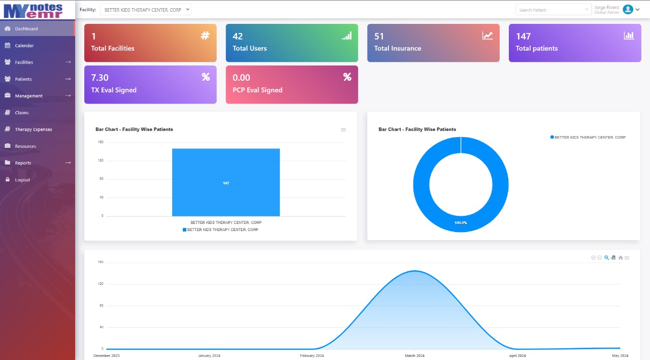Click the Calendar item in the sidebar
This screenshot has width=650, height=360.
click(24, 46)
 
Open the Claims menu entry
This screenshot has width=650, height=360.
click(22, 113)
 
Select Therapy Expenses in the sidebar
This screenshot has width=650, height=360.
click(33, 129)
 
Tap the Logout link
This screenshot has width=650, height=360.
click(22, 180)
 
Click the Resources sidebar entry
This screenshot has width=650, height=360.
click(25, 146)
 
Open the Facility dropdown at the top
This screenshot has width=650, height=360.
click(145, 10)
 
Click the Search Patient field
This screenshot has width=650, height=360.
click(552, 10)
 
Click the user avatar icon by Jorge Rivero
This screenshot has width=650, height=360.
click(628, 9)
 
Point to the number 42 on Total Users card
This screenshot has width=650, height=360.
click(238, 37)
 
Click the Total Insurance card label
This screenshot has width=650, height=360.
click(398, 49)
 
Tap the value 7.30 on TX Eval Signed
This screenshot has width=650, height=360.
click(100, 78)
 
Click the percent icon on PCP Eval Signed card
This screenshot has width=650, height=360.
click(347, 77)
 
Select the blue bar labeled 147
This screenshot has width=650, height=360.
click(226, 182)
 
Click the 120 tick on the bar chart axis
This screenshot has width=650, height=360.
click(101, 160)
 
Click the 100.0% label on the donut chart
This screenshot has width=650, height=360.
click(461, 223)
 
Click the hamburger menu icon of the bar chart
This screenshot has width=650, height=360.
click(343, 130)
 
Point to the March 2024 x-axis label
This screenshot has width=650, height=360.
click(414, 355)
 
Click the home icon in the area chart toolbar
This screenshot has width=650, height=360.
click(621, 258)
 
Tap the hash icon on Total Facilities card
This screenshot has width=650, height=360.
click(205, 36)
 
